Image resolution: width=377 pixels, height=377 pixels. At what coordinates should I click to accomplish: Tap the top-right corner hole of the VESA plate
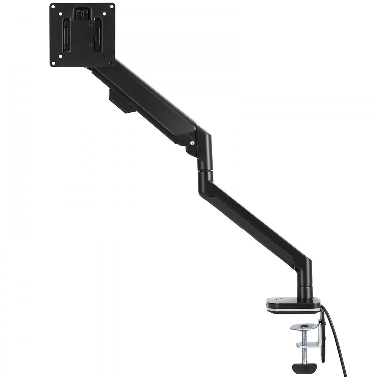[x=111, y=7]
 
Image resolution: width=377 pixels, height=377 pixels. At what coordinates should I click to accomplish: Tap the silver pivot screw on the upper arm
[x=193, y=143]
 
